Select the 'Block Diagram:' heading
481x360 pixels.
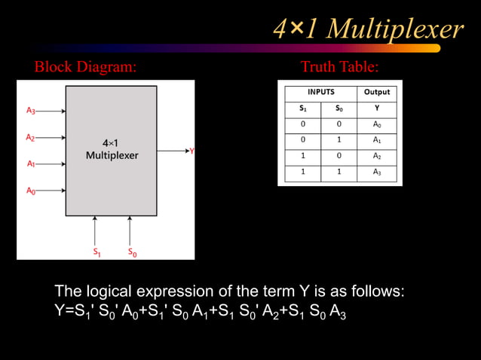[85, 67]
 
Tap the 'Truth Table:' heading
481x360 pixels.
[339, 67]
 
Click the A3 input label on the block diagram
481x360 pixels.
[30, 111]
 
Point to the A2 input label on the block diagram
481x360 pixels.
[30, 137]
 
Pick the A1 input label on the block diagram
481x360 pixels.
[30, 163]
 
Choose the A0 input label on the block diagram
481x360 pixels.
[30, 191]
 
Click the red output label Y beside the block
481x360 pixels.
[191, 151]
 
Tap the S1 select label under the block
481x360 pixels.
[97, 252]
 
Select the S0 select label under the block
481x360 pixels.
[132, 252]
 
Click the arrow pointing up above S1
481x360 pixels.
[96, 229]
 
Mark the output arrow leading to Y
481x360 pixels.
[173, 151]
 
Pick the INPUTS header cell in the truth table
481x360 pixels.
[320, 93]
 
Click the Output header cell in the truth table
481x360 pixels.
[377, 93]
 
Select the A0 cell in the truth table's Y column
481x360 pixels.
[377, 124]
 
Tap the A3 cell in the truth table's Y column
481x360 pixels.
[377, 172]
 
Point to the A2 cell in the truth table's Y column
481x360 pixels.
[377, 156]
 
